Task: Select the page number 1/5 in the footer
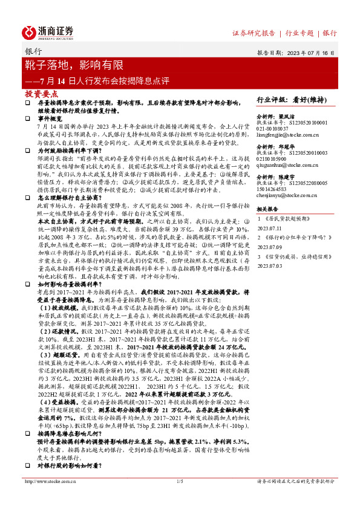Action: (x=180, y=498)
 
